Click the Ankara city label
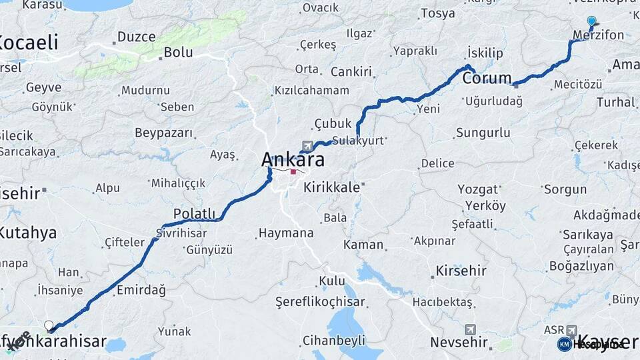pos(293,160)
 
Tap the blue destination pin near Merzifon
pos(591,21)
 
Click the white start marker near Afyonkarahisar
pos(49,325)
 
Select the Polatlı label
pos(195,213)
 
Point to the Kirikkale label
pos(331,187)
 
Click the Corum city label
pos(487,78)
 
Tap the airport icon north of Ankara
pos(307,145)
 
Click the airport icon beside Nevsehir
pos(471,329)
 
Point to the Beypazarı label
pos(164,133)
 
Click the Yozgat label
pos(477,189)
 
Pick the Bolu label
pos(178,51)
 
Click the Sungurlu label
pos(483,133)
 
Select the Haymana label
pos(285,233)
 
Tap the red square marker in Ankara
pos(293,171)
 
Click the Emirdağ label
pos(141,290)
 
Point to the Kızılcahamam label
pos(312,90)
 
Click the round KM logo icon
pos(564,344)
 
